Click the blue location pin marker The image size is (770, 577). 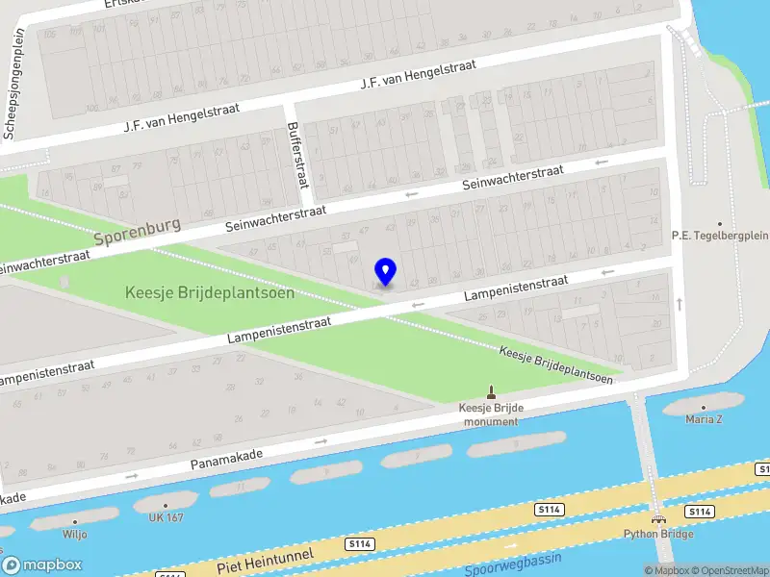386,271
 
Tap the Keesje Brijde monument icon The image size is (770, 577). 492,392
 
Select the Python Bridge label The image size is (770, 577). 657,534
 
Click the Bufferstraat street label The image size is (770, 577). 295,155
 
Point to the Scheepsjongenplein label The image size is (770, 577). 14,85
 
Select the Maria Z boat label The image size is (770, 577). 704,419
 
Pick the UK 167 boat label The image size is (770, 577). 166,517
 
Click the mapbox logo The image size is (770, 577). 41,565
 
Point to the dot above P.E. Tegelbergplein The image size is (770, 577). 719,222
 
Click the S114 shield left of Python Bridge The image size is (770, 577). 550,507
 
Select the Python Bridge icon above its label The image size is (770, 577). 658,520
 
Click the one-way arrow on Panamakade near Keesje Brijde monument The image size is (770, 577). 321,440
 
